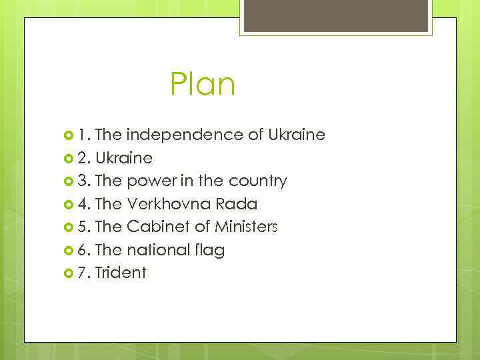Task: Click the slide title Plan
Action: tap(203, 85)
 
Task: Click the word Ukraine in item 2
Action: tap(124, 159)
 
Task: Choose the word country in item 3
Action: tap(258, 181)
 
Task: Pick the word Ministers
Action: tap(246, 227)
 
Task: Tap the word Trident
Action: tap(121, 273)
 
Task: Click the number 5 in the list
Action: tap(81, 227)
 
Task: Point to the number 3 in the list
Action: tap(81, 181)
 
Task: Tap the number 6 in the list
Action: tap(81, 250)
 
